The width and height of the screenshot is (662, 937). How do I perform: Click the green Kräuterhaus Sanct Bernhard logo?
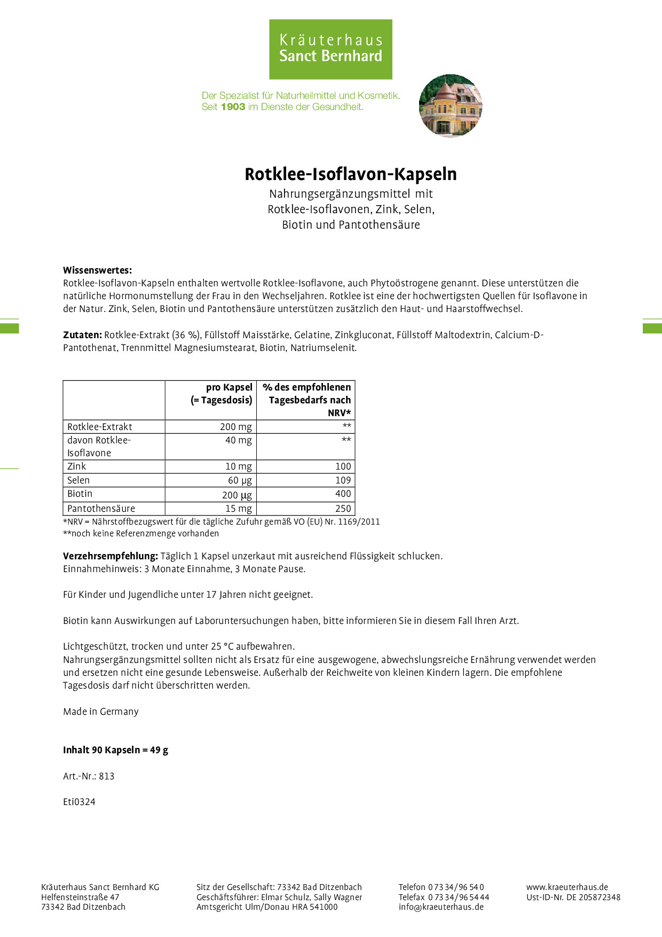click(330, 49)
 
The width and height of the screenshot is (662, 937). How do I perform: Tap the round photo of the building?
click(451, 106)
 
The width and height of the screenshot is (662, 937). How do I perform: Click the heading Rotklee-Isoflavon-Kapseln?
click(350, 174)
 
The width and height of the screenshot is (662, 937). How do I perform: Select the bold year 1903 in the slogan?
click(233, 107)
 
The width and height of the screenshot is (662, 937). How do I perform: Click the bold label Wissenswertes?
click(97, 270)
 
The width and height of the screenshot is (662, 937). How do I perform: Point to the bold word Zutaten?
click(82, 335)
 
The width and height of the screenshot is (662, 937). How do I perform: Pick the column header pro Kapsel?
click(229, 387)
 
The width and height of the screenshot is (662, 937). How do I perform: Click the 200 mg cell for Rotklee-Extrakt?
click(236, 427)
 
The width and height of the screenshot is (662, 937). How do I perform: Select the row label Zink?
click(77, 466)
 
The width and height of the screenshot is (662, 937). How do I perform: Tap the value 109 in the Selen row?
click(343, 480)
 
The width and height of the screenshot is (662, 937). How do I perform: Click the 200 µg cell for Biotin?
click(237, 495)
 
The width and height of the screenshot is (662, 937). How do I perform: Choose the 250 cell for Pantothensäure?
click(343, 509)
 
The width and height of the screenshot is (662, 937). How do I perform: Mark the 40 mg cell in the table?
click(238, 440)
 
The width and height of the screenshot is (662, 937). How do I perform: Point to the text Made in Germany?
click(101, 712)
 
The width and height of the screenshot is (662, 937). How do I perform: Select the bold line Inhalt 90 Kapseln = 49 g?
click(115, 750)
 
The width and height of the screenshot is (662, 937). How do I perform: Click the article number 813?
click(107, 776)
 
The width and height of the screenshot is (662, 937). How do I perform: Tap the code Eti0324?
click(79, 802)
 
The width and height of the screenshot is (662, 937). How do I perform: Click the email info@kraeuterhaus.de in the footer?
click(441, 907)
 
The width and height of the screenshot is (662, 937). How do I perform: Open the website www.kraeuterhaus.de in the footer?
click(567, 887)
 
